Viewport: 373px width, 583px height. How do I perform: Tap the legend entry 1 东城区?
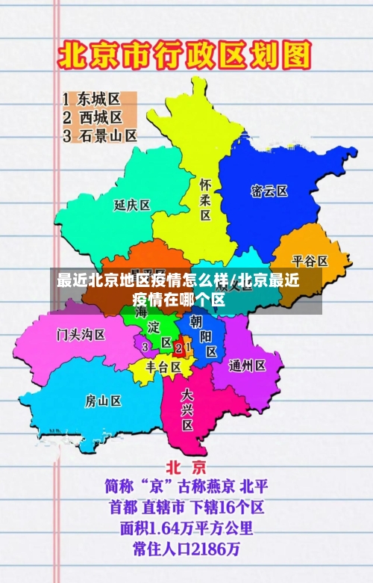tap(92, 99)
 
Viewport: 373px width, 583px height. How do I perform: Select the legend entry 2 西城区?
tap(93, 117)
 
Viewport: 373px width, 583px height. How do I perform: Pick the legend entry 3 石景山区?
tap(100, 136)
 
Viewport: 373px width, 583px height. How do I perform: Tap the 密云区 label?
tap(269, 191)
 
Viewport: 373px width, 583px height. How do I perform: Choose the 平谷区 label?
tap(310, 261)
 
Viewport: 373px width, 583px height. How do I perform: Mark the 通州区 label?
tap(248, 365)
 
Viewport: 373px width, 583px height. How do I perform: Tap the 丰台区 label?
tap(163, 367)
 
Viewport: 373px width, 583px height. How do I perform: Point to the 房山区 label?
tap(103, 401)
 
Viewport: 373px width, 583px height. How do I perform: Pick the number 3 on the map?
tap(145, 347)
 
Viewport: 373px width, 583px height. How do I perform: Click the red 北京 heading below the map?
tap(186, 468)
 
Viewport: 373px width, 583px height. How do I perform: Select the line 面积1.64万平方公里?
tap(186, 529)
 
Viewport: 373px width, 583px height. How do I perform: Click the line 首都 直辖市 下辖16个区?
tap(186, 508)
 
